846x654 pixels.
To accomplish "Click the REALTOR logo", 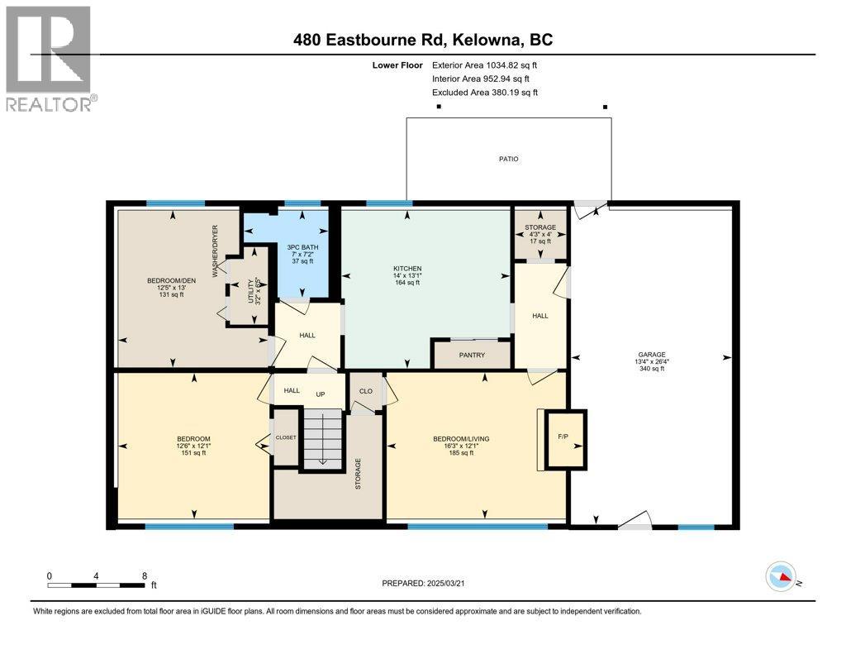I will click(50, 59).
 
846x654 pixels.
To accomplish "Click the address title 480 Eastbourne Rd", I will click(422, 40).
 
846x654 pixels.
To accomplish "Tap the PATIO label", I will click(508, 159).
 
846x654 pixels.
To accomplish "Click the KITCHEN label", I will click(407, 269).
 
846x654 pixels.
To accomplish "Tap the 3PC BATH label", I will click(302, 247).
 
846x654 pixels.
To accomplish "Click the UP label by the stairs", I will click(320, 394).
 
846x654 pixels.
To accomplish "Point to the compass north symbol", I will click(781, 575).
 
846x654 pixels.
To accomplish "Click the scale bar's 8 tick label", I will click(145, 576).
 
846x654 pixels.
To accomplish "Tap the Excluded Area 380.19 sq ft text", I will click(486, 93).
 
